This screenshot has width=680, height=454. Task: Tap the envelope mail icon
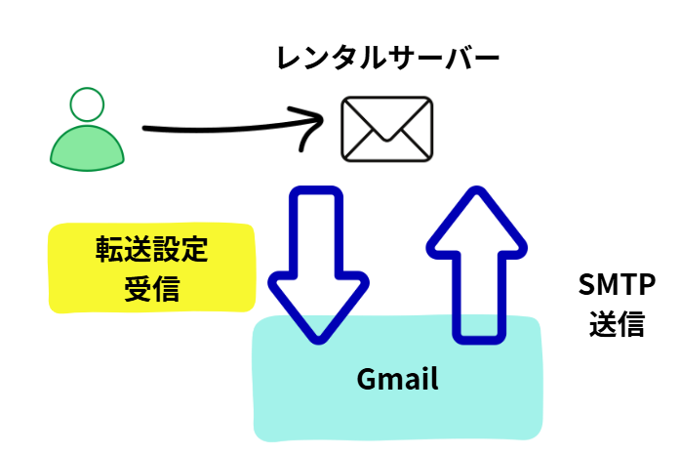(386, 129)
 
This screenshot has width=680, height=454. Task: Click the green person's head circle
(87, 104)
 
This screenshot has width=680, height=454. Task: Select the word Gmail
(397, 379)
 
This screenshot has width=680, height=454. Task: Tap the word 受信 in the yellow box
(151, 287)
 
